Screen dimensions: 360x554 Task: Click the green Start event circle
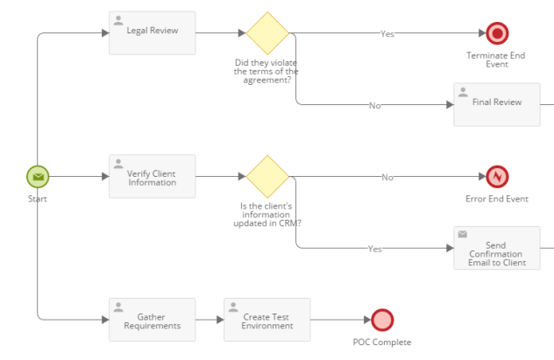tap(38, 177)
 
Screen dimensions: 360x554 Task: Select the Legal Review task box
tap(153, 32)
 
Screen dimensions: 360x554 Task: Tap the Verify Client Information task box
tap(153, 176)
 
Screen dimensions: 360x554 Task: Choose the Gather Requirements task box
tap(153, 320)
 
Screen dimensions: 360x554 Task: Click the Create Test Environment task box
tap(267, 320)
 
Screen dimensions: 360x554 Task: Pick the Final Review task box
tap(497, 104)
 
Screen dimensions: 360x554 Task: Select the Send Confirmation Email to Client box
tap(497, 248)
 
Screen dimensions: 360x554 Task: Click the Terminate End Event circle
tap(497, 33)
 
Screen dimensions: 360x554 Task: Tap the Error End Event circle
tap(497, 177)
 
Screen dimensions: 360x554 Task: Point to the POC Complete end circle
tap(382, 321)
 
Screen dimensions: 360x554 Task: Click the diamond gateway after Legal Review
tap(267, 33)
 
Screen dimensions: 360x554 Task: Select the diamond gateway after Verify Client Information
tap(267, 177)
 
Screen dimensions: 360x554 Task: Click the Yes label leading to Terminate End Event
tap(387, 33)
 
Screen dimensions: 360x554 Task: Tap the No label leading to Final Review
tap(375, 105)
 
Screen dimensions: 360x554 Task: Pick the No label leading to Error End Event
tap(387, 177)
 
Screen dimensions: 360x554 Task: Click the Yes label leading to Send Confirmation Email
tap(375, 249)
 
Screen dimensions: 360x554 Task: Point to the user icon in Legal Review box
tap(118, 20)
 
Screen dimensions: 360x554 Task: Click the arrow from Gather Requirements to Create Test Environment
tap(210, 320)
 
